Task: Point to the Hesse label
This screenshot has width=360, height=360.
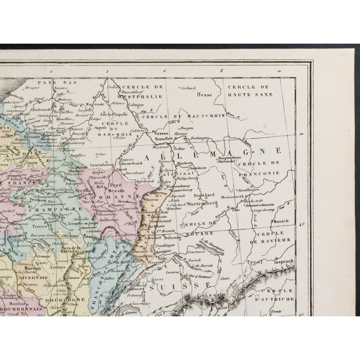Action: (204, 94)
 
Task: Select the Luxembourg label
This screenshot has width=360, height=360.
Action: (103, 166)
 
